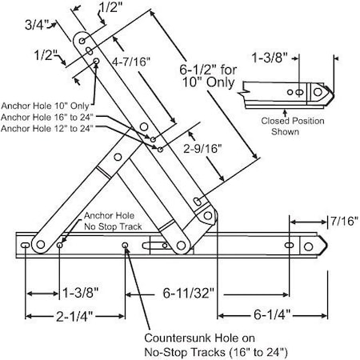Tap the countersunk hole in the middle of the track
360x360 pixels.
(125, 246)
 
